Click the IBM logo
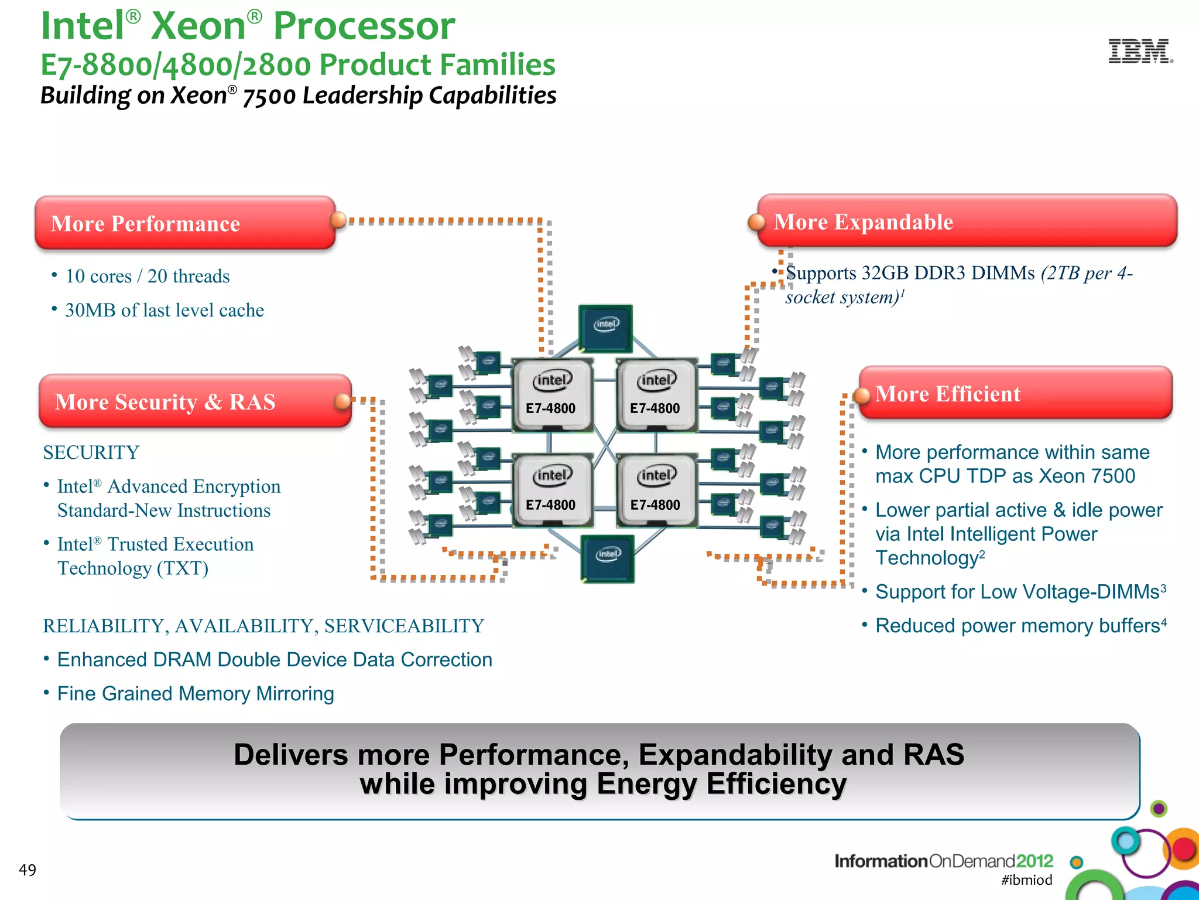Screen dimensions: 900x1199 coord(1140,52)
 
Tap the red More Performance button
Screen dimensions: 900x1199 coord(184,223)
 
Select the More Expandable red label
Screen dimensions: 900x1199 coord(966,221)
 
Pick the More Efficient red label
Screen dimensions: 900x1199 coord(1016,393)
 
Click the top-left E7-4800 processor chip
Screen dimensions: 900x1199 coord(551,395)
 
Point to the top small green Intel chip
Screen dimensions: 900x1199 coord(605,327)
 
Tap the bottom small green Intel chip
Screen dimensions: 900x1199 coord(607,557)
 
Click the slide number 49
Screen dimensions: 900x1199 coord(28,870)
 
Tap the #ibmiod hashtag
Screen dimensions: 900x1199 coord(1026,880)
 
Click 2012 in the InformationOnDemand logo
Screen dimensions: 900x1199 coord(1034,861)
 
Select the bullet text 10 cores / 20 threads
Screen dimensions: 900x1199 coord(147,276)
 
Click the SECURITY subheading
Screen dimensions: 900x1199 coord(91,452)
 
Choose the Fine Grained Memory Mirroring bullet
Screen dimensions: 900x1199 coord(196,694)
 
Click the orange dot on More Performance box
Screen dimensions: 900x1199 coord(338,220)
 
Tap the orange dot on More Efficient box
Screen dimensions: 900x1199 coord(861,396)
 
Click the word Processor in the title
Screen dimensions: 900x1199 coord(364,26)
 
